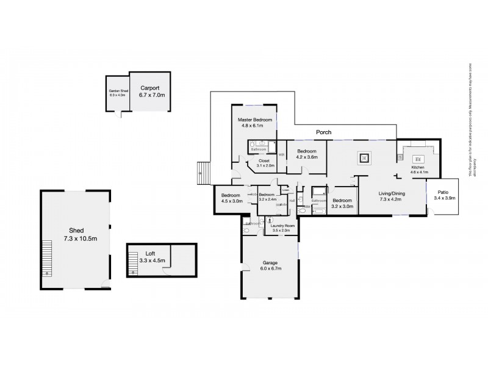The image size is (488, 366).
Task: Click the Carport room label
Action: [x=148, y=88]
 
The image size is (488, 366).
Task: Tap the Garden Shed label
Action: [x=117, y=91]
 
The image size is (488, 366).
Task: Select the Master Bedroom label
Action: [x=254, y=120]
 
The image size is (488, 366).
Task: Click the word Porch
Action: [x=323, y=131]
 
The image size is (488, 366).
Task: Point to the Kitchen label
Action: [x=417, y=167]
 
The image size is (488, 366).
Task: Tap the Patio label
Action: [x=443, y=193]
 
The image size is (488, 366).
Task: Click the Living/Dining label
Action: [x=392, y=193]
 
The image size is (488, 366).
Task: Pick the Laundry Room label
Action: [x=282, y=226]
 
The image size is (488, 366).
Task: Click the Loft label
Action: [x=150, y=253]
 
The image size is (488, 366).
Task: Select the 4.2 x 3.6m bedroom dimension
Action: [x=307, y=157]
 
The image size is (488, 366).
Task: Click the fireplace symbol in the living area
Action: [x=364, y=158]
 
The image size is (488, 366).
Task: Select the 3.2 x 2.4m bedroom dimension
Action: [x=268, y=199]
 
